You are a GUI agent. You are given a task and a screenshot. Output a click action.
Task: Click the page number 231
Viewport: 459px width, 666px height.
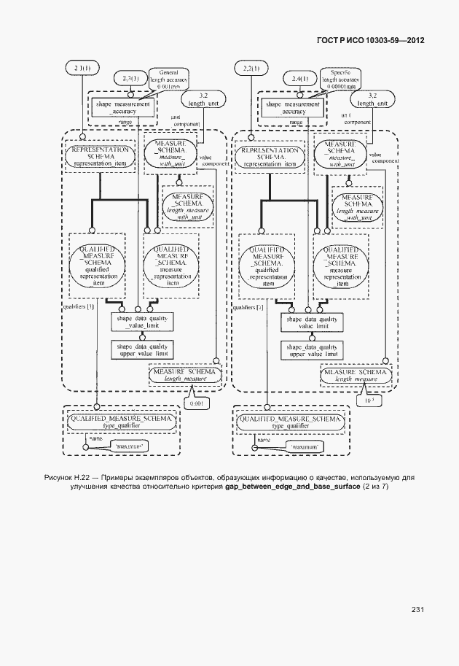pyautogui.click(x=417, y=609)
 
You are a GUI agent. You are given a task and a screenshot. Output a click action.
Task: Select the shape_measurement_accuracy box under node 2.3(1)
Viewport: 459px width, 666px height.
pyautogui.click(x=122, y=107)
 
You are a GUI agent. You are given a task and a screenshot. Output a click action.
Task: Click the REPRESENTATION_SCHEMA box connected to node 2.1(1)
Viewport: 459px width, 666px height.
pyautogui.click(x=101, y=155)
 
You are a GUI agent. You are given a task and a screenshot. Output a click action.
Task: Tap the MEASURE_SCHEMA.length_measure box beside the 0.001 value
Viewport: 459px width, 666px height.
pyautogui.click(x=184, y=375)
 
